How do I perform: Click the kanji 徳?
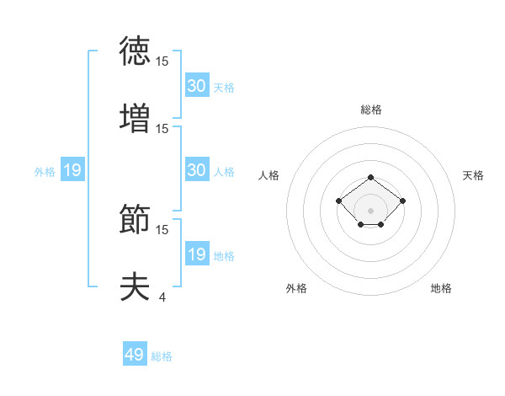[135, 52]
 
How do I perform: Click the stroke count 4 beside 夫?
[162, 297]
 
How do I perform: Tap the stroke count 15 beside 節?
[162, 229]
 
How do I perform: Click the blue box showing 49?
[135, 355]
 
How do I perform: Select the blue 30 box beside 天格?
[197, 86]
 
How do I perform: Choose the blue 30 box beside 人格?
[197, 170]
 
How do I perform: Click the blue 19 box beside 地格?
[197, 254]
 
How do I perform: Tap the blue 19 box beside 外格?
[72, 170]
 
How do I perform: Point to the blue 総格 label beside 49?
[162, 356]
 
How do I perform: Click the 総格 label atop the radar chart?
[371, 110]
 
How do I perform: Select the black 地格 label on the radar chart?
[441, 288]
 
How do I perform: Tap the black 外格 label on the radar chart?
[296, 288]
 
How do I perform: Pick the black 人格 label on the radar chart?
[269, 175]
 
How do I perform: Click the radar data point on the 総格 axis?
[371, 177]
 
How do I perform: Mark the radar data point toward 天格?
[403, 201]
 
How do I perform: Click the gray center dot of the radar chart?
[371, 211]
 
